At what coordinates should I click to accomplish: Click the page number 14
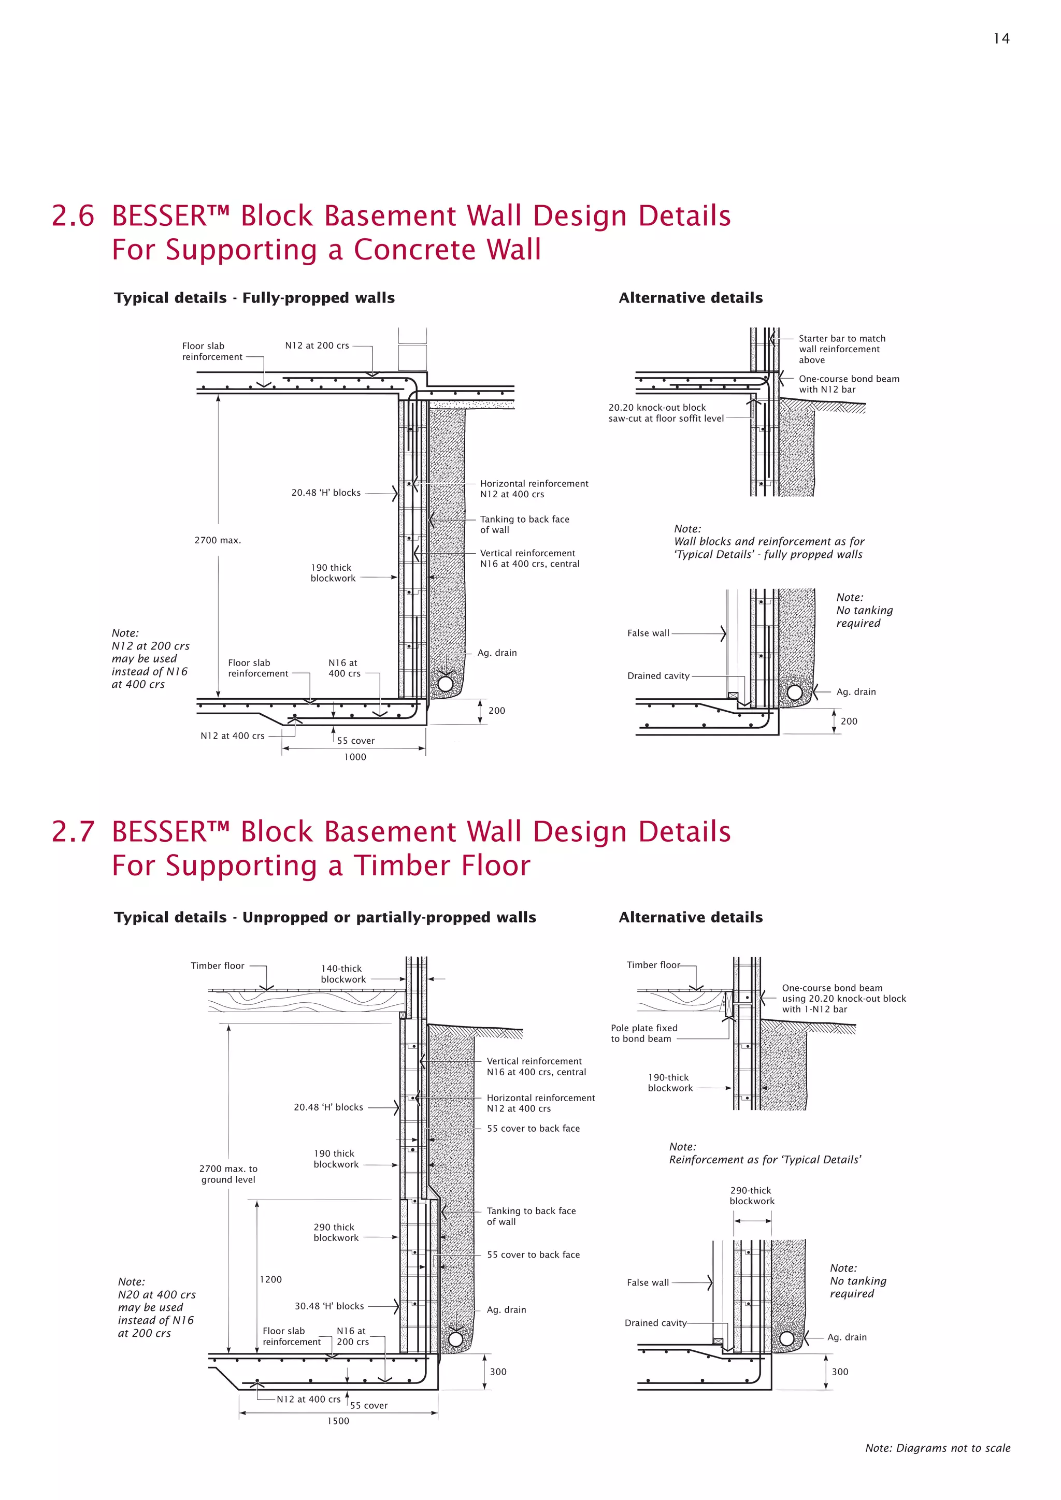click(x=1001, y=38)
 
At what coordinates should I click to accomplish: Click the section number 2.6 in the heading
click(x=73, y=216)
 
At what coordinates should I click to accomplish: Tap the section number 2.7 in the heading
click(x=73, y=832)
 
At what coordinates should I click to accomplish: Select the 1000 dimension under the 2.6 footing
click(x=355, y=757)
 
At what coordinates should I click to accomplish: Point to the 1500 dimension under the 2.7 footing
click(x=338, y=1421)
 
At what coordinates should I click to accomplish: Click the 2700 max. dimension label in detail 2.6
click(x=218, y=540)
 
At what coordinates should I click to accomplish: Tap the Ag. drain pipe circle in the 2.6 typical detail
click(x=445, y=683)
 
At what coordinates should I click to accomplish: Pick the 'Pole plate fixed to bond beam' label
click(x=643, y=1033)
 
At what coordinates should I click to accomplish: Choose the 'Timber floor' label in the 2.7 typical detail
click(x=217, y=965)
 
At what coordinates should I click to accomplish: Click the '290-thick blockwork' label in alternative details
click(x=751, y=1195)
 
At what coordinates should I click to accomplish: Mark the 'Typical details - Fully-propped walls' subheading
click(x=254, y=298)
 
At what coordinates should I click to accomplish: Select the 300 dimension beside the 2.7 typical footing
click(x=498, y=1372)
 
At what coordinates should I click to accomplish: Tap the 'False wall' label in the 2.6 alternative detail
click(x=648, y=633)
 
